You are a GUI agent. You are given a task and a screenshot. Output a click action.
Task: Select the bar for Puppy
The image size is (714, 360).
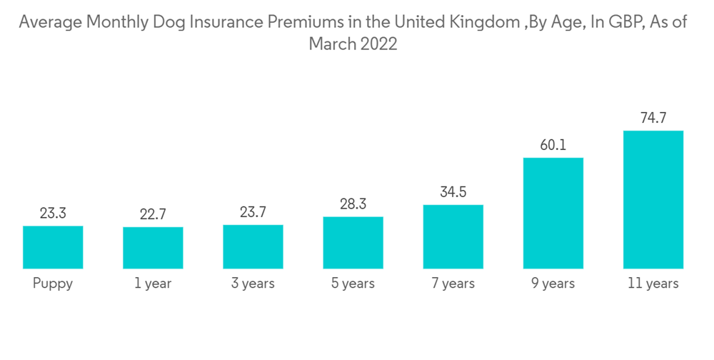pos(53,247)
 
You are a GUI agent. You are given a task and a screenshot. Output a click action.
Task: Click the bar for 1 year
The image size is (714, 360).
pos(153,248)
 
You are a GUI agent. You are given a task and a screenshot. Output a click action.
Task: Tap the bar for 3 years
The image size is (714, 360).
pos(253,246)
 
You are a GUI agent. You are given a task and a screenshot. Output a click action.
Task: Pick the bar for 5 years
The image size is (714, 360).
pos(353,243)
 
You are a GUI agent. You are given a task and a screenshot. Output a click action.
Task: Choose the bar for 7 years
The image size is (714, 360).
pos(453,236)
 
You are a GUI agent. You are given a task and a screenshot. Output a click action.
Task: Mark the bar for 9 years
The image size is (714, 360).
pos(553,213)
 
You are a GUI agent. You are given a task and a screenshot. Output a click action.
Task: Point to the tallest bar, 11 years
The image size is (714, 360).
pos(653,199)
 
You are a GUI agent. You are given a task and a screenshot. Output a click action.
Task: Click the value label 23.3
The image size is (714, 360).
pos(53,213)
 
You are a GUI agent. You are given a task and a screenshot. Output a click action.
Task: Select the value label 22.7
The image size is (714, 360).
pos(153,214)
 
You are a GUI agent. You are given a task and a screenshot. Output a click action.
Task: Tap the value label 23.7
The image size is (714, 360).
pos(253,212)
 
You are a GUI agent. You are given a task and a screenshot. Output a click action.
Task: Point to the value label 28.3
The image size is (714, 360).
pos(353,204)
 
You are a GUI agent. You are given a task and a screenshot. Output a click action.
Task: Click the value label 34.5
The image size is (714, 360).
pos(453,192)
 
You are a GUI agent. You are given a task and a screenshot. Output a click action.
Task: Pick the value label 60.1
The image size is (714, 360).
pos(553,145)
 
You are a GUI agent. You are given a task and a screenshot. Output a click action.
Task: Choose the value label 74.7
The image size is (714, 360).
pos(653,118)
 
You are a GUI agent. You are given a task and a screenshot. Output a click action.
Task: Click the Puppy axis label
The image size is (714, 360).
pos(53,284)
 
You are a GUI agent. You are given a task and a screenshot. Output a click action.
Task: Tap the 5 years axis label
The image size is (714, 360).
pos(353,284)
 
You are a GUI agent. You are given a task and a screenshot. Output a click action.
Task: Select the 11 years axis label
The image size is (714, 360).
pos(653,284)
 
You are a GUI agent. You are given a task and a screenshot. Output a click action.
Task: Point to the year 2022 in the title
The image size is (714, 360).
pos(378,44)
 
